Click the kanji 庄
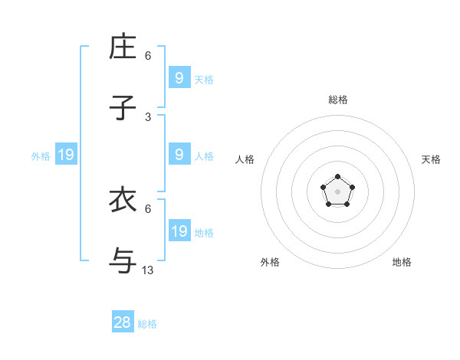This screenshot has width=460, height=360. tap(123, 47)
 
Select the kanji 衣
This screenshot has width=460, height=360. tap(123, 200)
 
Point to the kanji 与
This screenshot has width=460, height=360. tap(123, 260)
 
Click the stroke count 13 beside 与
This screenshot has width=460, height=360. tap(148, 270)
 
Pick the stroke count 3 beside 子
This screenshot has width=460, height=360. tap(148, 116)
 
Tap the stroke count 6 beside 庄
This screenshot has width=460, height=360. tap(148, 56)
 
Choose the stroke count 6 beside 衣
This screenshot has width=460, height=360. tap(148, 208)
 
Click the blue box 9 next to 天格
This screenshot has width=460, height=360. tap(179, 77)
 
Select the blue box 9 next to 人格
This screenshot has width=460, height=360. tap(179, 154)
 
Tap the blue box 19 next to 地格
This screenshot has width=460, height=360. tap(179, 231)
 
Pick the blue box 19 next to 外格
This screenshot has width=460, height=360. tap(66, 155)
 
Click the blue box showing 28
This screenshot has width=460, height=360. tap(123, 322)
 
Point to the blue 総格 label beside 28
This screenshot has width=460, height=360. tap(147, 324)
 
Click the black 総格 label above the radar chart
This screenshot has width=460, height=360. tap(338, 100)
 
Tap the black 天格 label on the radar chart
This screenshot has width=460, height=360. tap(431, 159)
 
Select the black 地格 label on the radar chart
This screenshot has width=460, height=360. tap(402, 262)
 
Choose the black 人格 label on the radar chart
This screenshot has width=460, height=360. tap(245, 159)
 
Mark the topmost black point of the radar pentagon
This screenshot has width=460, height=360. tap(338, 177)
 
